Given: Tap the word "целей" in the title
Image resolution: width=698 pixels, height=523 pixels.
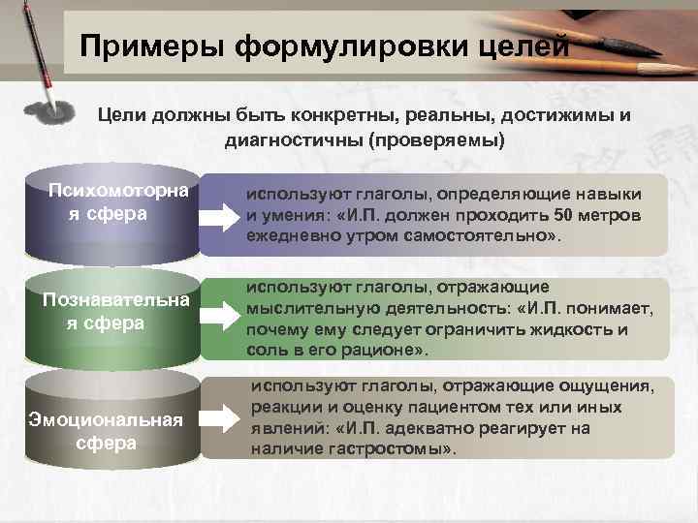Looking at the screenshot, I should pyautogui.click(x=518, y=46).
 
